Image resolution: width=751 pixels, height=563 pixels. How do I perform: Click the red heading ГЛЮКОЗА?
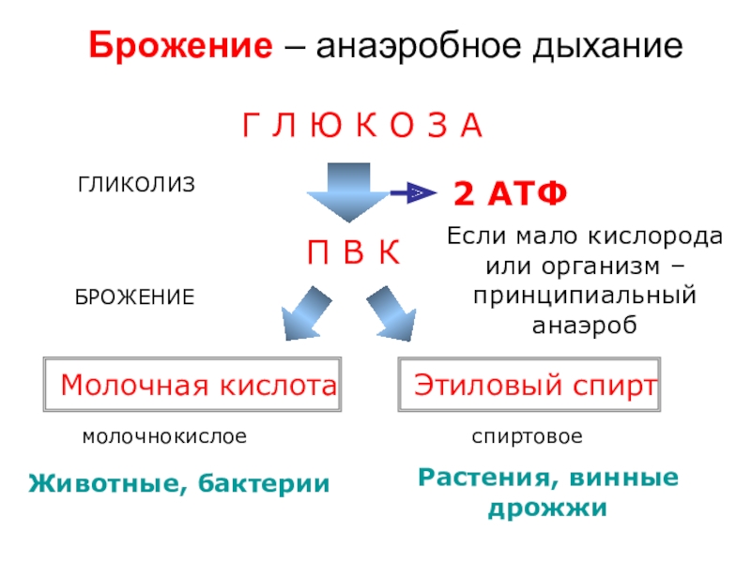[362, 125]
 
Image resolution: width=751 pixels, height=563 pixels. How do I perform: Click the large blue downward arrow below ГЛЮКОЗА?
[345, 191]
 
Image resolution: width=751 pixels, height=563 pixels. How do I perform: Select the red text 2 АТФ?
[511, 194]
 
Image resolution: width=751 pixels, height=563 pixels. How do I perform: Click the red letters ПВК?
[354, 252]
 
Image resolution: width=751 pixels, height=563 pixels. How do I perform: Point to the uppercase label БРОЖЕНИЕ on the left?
[135, 297]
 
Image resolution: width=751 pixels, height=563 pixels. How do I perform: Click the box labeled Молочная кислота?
[192, 385]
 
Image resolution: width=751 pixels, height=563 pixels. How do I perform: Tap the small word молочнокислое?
[164, 437]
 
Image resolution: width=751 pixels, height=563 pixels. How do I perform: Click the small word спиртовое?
[527, 437]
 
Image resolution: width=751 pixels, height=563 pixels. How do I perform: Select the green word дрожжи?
[546, 510]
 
